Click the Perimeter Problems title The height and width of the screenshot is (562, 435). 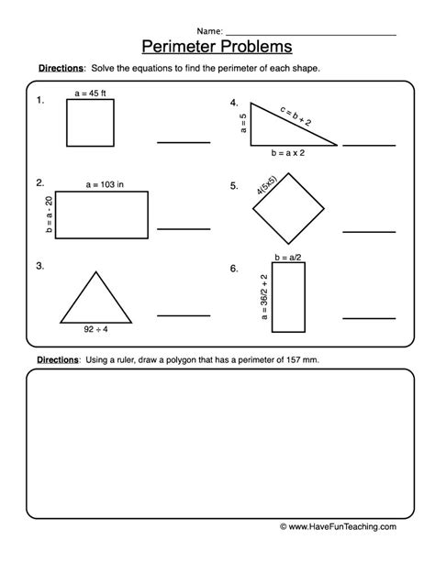pyautogui.click(x=217, y=45)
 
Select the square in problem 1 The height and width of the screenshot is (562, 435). pyautogui.click(x=91, y=123)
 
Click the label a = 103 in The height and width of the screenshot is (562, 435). pyautogui.click(x=102, y=184)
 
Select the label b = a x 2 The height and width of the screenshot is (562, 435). pyautogui.click(x=294, y=151)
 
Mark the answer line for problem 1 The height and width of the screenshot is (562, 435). pyautogui.click(x=183, y=141)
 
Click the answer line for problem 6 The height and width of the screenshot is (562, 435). pyautogui.click(x=369, y=317)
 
